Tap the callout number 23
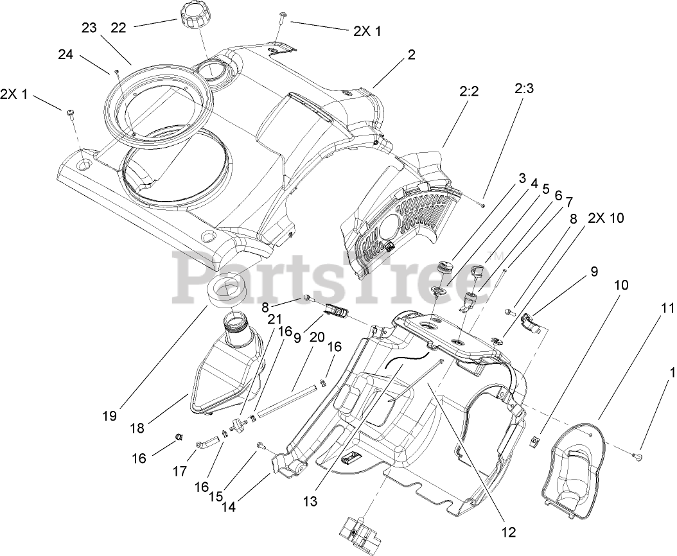click(x=89, y=28)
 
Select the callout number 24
click(x=66, y=55)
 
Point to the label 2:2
click(x=469, y=92)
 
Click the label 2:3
click(x=523, y=89)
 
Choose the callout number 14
click(x=228, y=506)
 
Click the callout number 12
click(x=509, y=532)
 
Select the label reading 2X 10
click(x=605, y=218)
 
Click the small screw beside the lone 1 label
click(x=637, y=456)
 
